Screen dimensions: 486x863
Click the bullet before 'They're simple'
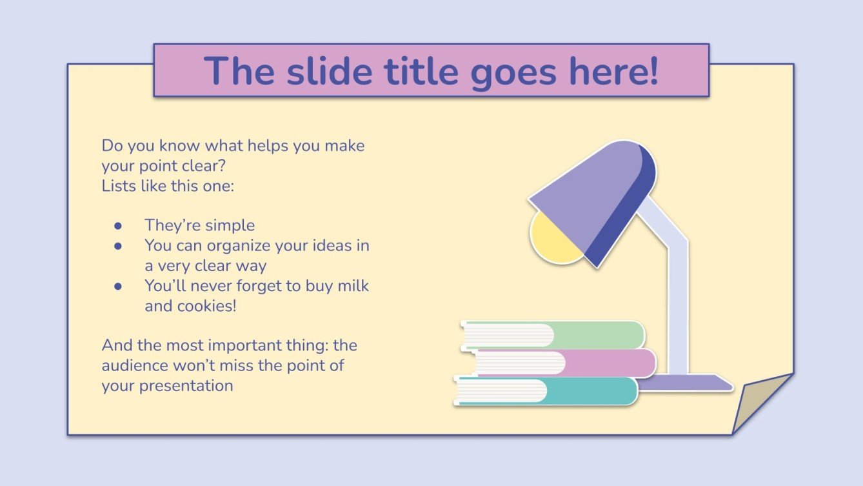(118, 226)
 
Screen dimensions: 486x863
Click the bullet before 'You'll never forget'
(118, 286)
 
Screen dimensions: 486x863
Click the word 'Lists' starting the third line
(115, 185)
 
